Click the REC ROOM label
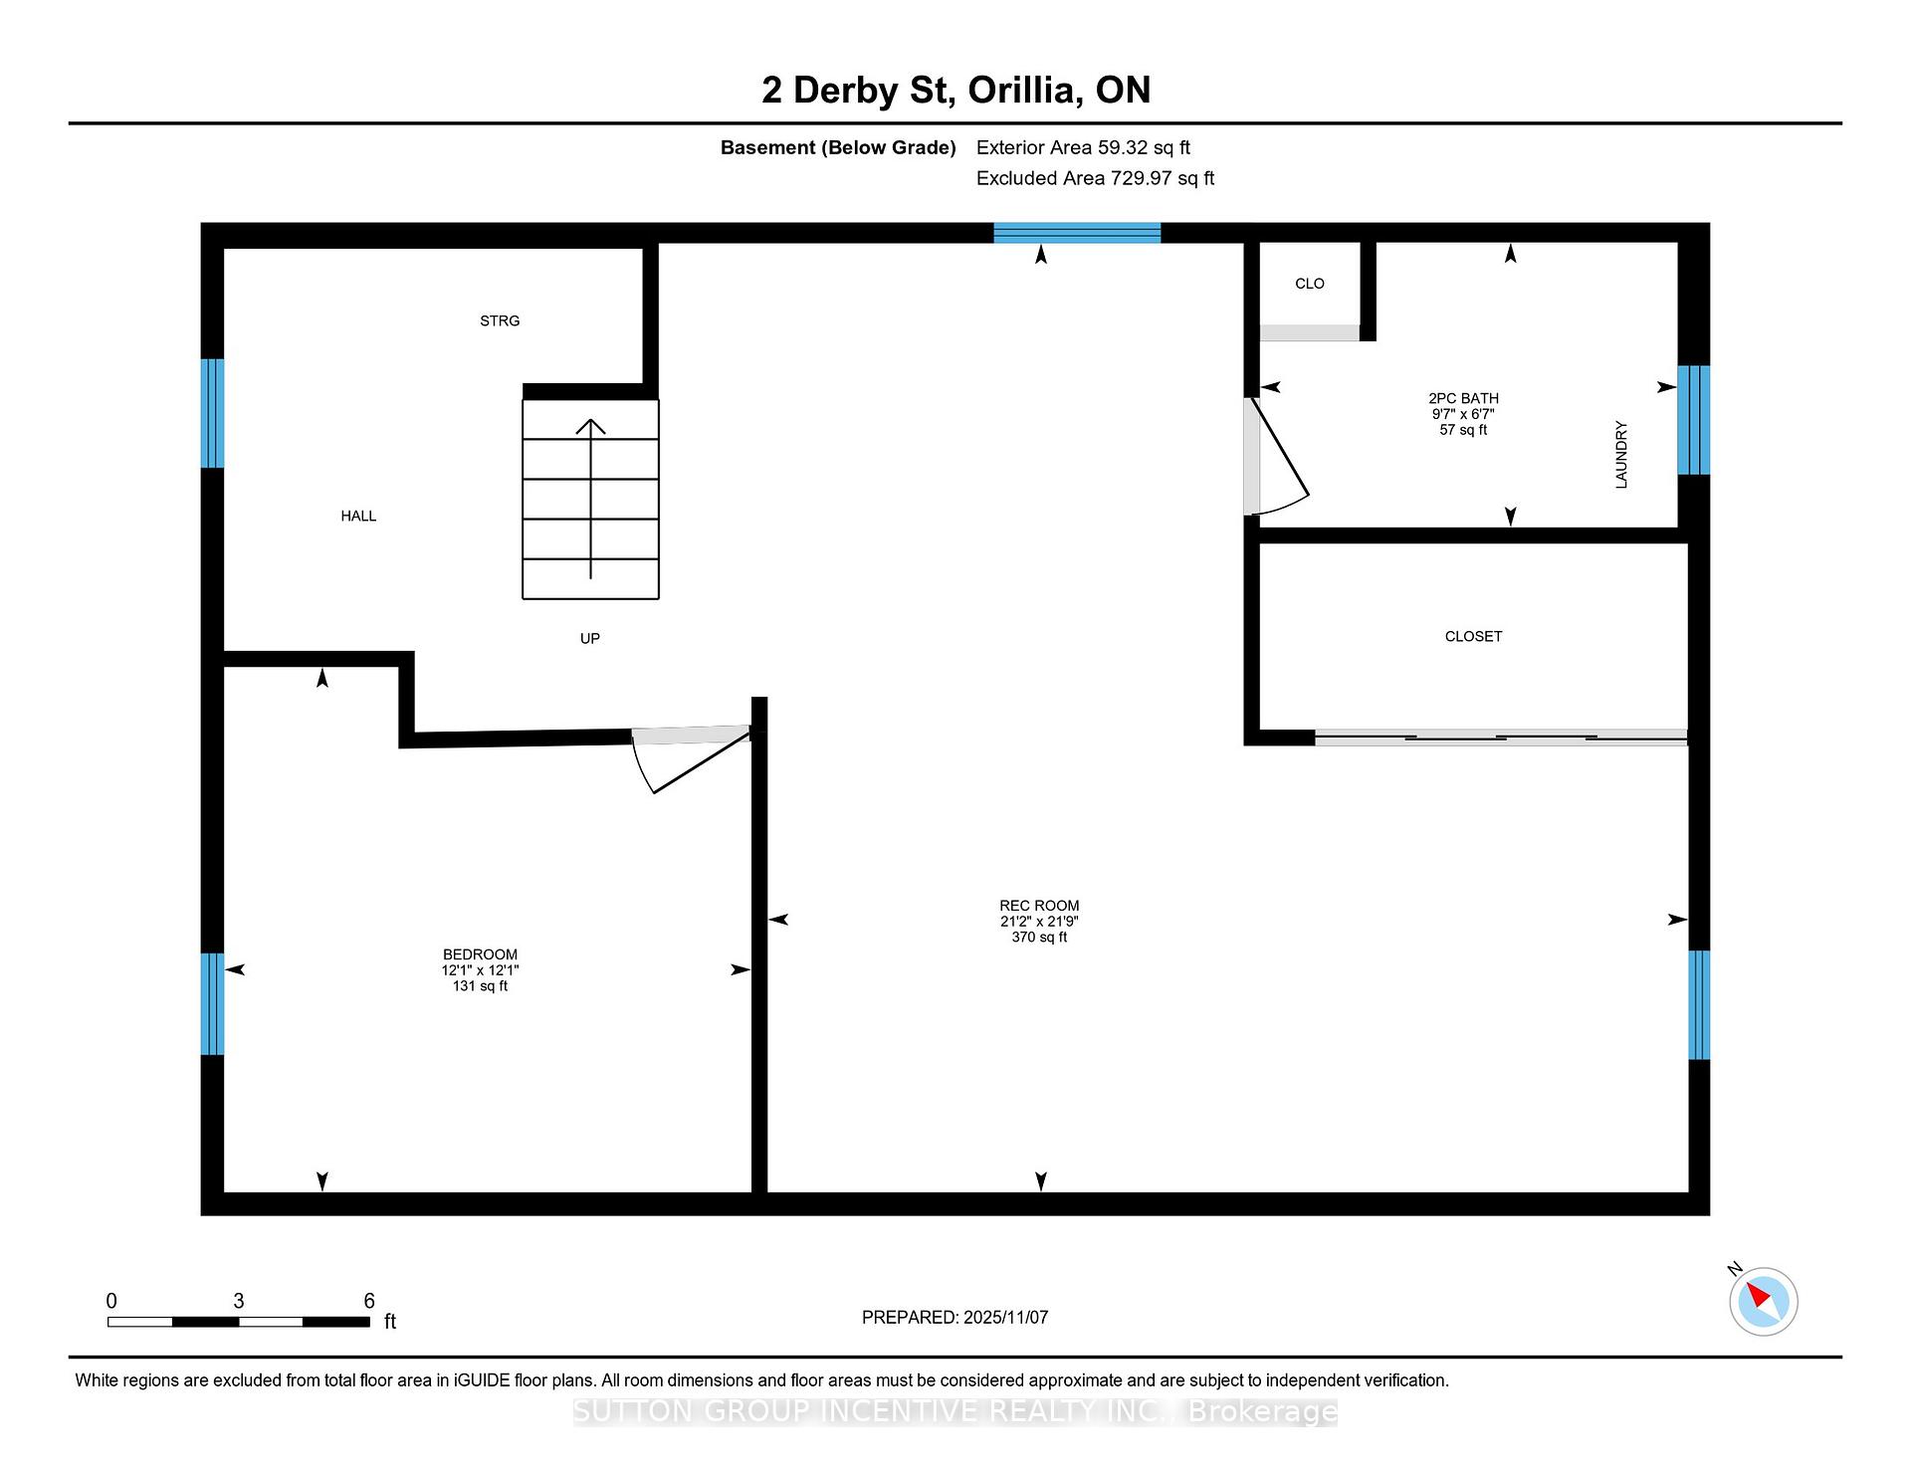coord(1039,906)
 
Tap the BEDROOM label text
coord(480,954)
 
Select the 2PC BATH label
coord(1463,398)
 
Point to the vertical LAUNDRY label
coord(1621,455)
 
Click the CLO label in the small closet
coord(1310,284)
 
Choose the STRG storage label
coord(500,320)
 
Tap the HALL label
coord(358,516)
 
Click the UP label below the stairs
coord(590,638)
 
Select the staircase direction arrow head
coord(591,426)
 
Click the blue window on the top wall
coord(1077,233)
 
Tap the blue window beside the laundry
coord(1693,420)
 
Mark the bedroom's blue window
coord(212,1003)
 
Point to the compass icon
coord(1763,1301)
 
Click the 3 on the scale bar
coord(239,1301)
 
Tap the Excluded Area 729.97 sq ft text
coord(1095,178)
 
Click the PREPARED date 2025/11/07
coord(1005,1317)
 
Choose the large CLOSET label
coord(1473,636)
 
